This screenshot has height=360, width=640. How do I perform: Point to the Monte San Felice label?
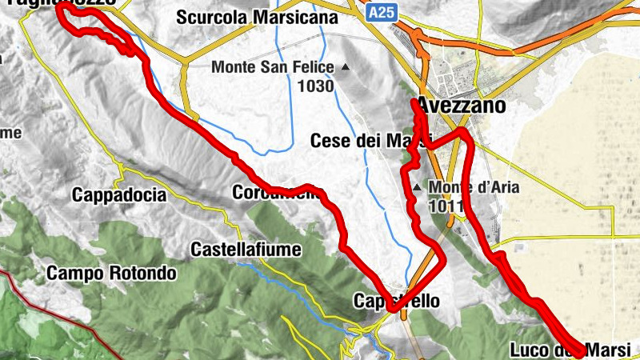[273, 68]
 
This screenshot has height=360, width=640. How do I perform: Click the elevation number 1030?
[315, 86]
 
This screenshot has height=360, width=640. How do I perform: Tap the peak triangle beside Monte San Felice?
[346, 67]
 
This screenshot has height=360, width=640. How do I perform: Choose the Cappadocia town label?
[118, 194]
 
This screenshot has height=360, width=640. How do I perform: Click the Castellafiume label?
[246, 250]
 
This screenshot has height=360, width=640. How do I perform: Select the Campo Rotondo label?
[111, 274]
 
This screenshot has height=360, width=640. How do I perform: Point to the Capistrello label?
[397, 302]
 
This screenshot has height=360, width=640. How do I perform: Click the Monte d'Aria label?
[474, 189]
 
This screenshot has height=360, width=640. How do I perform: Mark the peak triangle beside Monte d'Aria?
[416, 189]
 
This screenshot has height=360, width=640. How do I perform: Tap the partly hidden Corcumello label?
[276, 193]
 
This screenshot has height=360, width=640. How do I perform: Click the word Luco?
[528, 350]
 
